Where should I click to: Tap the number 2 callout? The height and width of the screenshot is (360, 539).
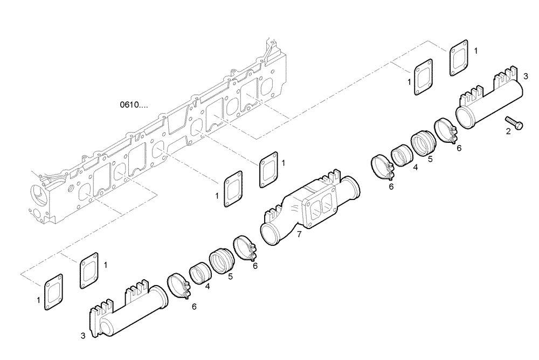point(508,130)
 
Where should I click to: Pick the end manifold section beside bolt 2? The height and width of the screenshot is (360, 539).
point(488,100)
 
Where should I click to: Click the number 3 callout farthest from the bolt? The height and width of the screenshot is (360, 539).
point(83,336)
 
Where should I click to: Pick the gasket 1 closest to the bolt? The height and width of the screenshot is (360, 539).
point(459,59)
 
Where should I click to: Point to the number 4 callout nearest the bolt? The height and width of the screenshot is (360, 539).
point(415,168)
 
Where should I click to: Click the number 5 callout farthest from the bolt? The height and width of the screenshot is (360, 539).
point(230,276)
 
